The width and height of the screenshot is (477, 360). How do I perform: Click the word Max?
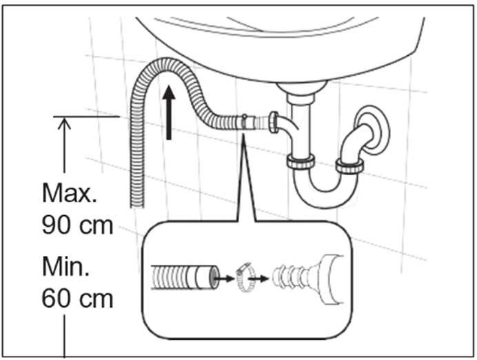click(70, 193)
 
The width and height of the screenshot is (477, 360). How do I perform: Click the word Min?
click(65, 267)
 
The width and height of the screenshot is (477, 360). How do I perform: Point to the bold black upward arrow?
click(169, 112)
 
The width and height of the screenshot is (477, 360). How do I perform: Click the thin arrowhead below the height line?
click(64, 124)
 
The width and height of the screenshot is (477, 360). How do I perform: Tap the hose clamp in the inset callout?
click(245, 277)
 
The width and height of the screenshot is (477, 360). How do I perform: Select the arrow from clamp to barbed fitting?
click(258, 278)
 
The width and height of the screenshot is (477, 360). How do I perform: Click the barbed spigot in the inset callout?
click(307, 277)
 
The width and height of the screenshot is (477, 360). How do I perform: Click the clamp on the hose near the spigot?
click(244, 123)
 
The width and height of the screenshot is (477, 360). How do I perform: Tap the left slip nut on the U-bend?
click(301, 161)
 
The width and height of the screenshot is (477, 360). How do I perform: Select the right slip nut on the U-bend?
click(349, 166)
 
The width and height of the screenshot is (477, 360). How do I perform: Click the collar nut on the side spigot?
click(273, 122)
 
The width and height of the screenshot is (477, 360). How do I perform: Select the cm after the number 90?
click(96, 226)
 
